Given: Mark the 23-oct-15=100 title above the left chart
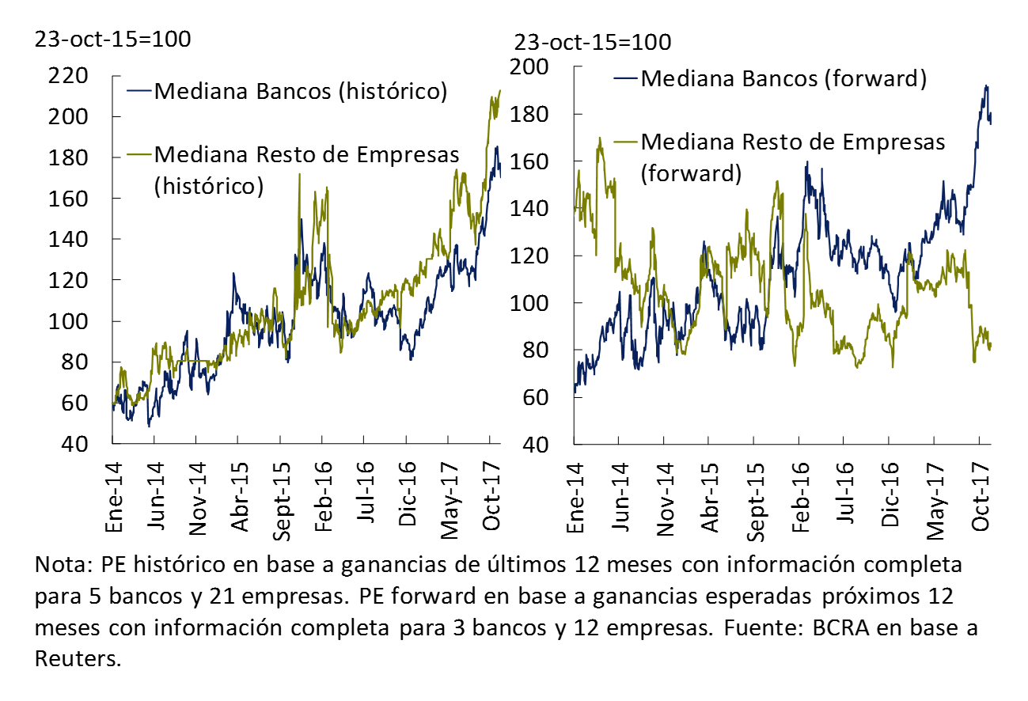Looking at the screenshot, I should (x=112, y=39).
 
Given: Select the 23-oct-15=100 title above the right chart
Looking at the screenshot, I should (x=593, y=41).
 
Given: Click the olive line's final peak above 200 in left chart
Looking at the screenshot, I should (x=499, y=91).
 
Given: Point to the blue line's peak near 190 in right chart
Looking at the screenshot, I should (x=985, y=86).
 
